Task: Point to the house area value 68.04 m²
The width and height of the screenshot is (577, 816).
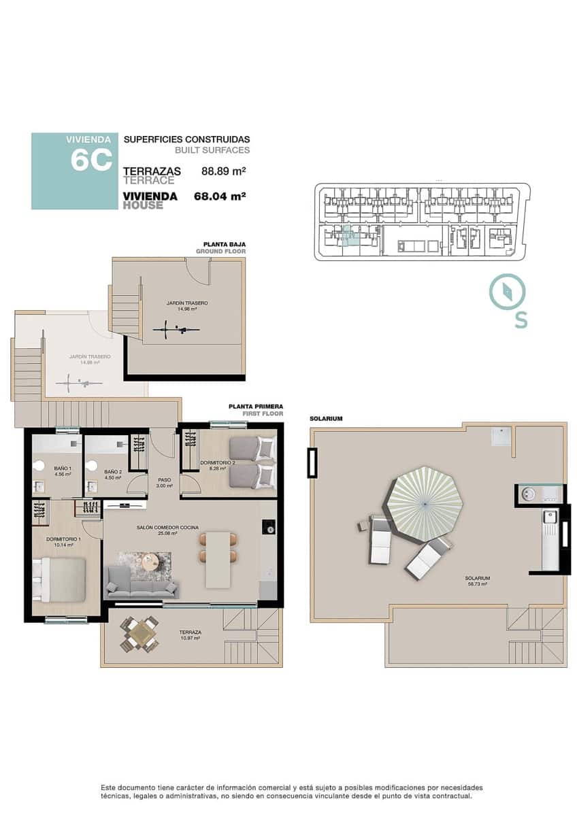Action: tap(219, 197)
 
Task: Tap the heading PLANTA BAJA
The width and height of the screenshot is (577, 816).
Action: tap(225, 244)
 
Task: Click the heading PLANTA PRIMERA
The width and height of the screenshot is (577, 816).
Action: tap(256, 407)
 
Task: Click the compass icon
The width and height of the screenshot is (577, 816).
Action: tap(507, 292)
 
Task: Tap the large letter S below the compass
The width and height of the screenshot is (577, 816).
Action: tap(521, 320)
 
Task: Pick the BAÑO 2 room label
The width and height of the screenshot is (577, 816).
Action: tap(113, 471)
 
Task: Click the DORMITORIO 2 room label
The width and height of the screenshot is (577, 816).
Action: tap(217, 463)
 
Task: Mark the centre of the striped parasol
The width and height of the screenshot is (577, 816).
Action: tap(425, 503)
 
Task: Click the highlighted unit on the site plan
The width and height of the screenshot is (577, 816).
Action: tap(348, 238)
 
